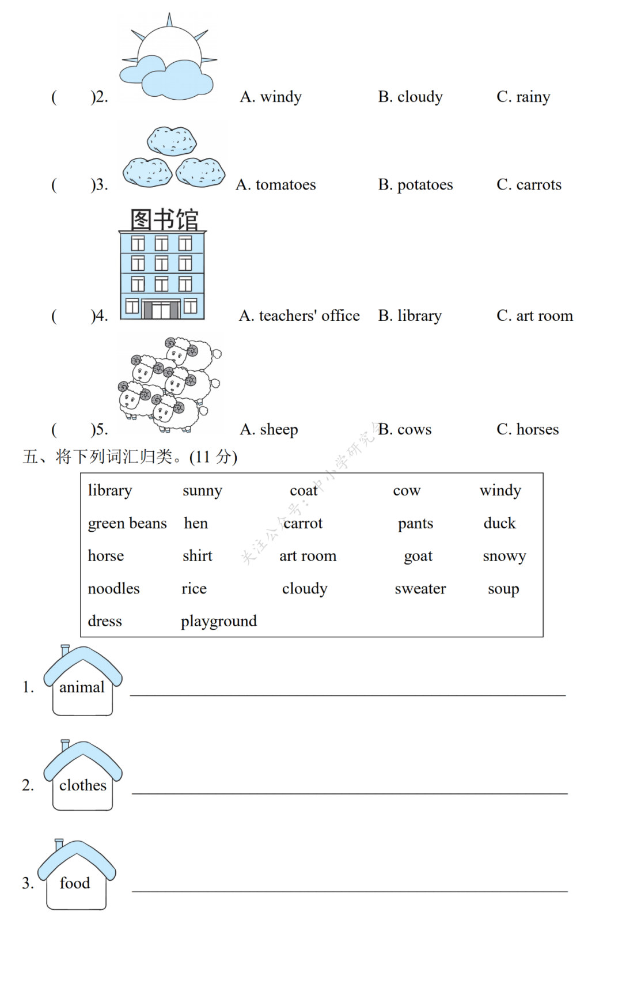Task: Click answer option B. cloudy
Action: point(410,97)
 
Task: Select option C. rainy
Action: point(523,97)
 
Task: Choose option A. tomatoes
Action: point(276,185)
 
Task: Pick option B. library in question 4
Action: point(409,316)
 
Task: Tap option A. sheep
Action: point(269,430)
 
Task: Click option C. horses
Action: point(528,430)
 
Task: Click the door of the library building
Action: point(161,310)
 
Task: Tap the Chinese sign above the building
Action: point(164,220)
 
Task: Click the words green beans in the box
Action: point(127,524)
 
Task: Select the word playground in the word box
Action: point(219,621)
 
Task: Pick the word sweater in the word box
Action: point(420,589)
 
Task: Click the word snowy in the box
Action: point(505,556)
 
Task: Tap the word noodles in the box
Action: point(113,589)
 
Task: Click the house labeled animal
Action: point(82,683)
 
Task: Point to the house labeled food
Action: point(77,877)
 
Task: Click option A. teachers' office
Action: point(299,316)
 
